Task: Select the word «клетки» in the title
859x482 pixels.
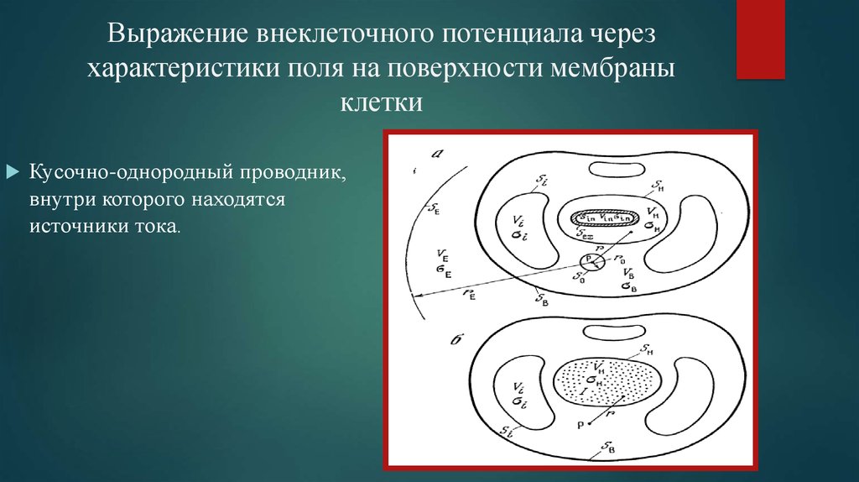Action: point(382,104)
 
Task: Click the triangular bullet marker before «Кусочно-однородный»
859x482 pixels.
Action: point(12,171)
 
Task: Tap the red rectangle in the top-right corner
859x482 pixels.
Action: point(761,39)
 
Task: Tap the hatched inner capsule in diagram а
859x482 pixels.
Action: point(602,216)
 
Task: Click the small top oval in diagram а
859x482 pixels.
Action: point(617,169)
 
